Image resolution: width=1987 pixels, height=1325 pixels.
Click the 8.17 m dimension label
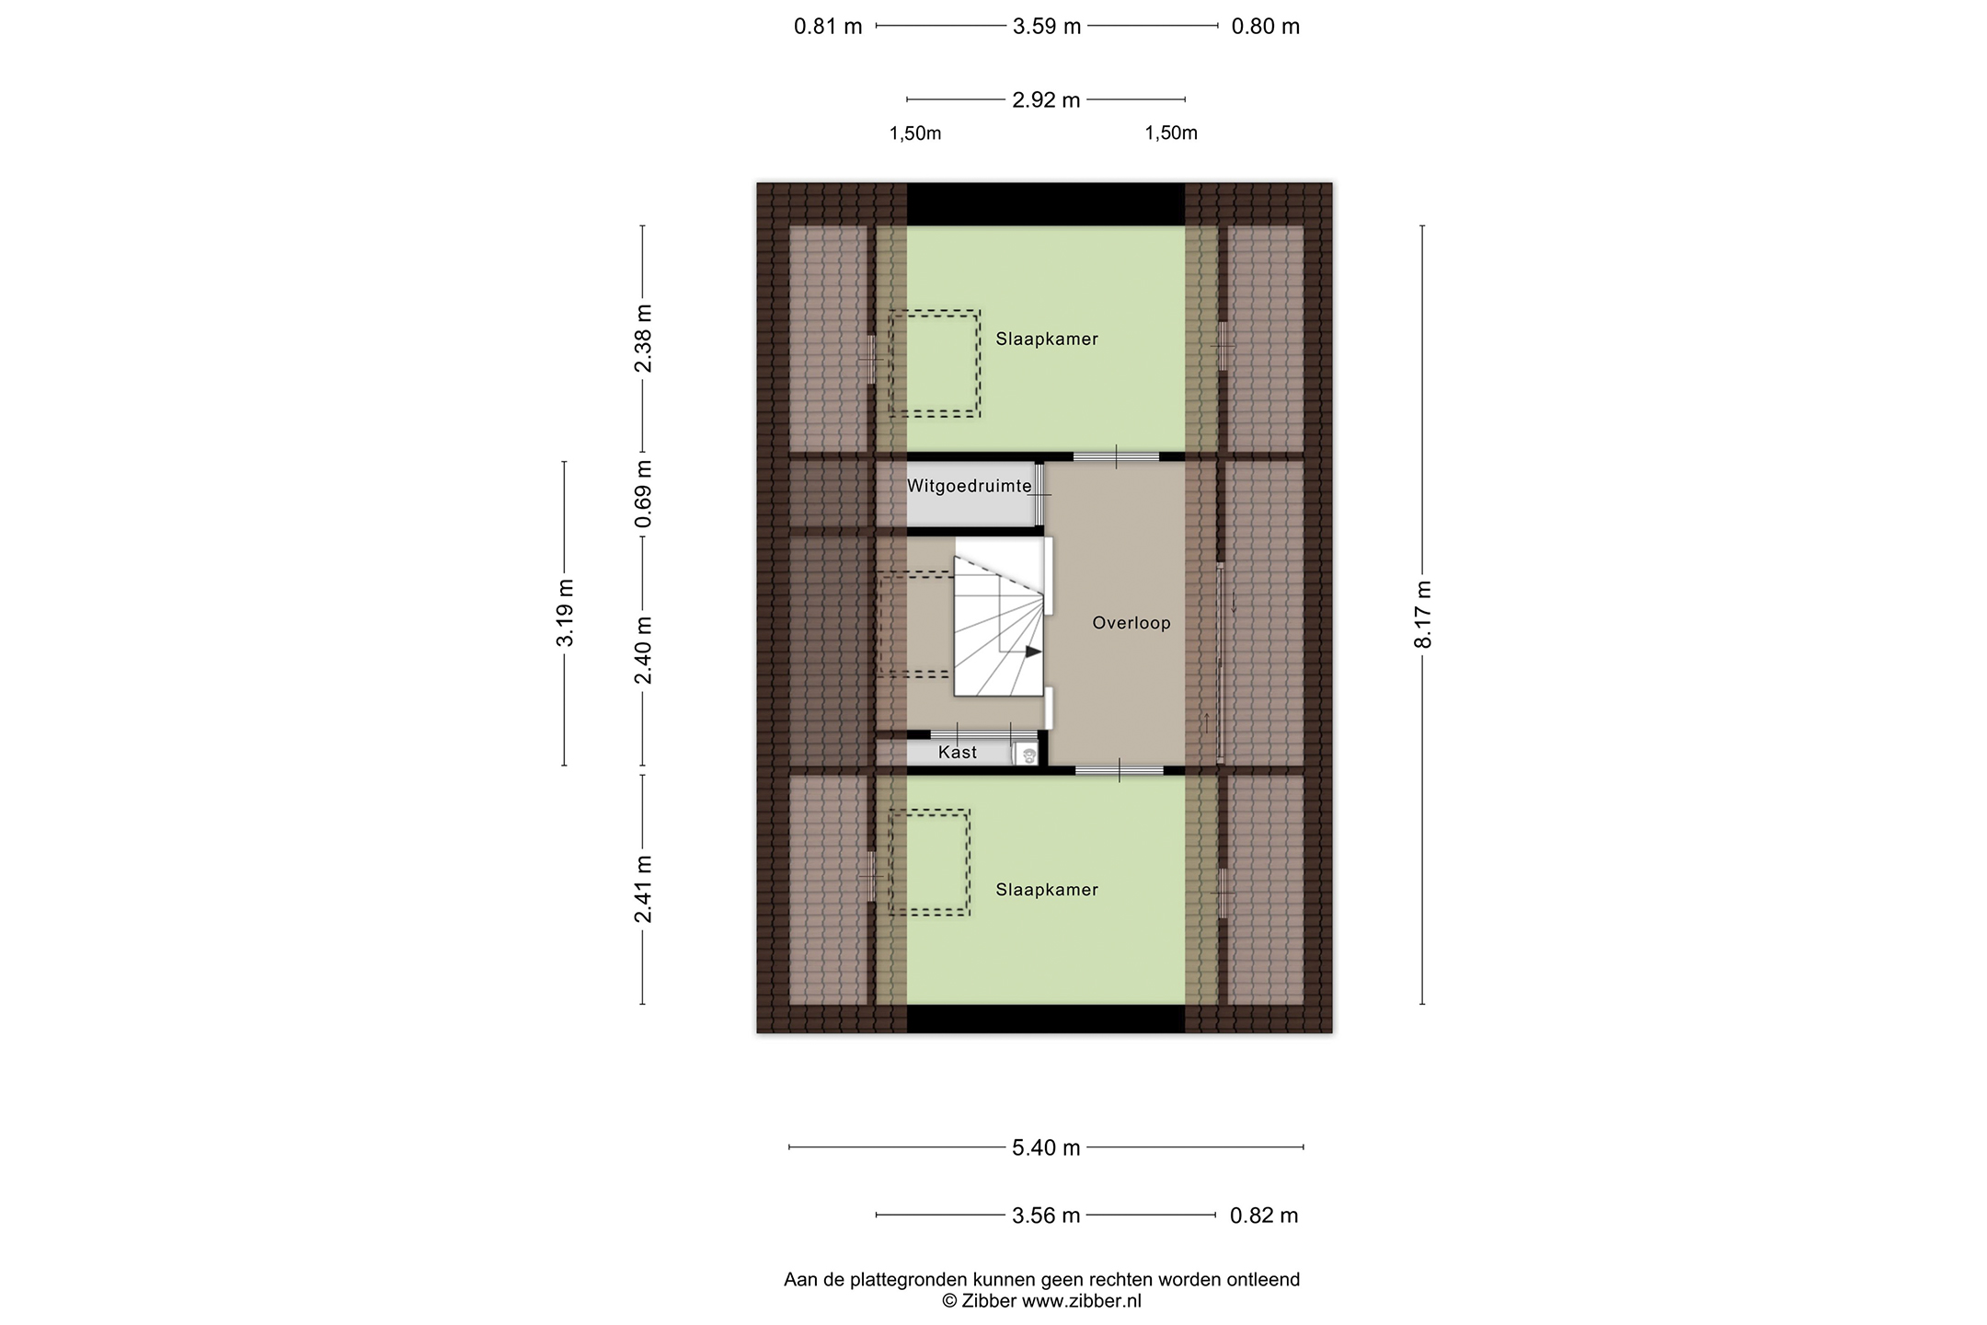point(1423,614)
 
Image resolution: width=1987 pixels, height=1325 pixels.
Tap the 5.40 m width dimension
point(1046,1147)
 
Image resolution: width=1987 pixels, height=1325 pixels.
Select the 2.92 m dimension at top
point(1046,100)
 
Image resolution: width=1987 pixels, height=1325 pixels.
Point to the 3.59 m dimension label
point(1047,27)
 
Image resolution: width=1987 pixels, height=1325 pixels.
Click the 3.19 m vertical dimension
point(565,613)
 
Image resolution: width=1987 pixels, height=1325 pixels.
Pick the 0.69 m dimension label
point(643,494)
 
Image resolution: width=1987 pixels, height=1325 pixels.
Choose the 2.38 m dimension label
point(643,338)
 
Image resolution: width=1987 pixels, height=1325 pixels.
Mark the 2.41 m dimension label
point(643,889)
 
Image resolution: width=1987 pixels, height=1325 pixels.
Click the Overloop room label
point(1131,623)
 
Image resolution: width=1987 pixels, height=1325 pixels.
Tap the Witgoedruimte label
point(970,486)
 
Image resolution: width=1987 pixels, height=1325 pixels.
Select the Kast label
point(958,753)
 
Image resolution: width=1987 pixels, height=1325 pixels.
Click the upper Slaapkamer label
point(1047,339)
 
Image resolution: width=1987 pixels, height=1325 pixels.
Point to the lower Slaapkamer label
point(1047,890)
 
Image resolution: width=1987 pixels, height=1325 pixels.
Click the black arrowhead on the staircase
point(1034,651)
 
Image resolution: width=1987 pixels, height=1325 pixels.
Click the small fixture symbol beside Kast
point(1027,755)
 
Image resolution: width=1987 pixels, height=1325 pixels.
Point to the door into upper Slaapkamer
point(1116,455)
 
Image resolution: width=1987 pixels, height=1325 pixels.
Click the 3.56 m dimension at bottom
point(1046,1216)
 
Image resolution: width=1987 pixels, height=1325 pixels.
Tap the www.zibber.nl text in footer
point(1082,1301)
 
